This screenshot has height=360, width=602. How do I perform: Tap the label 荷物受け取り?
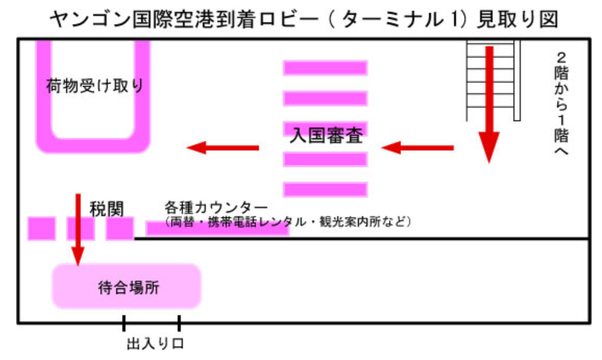coord(95,85)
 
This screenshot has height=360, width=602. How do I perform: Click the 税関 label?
coord(106,209)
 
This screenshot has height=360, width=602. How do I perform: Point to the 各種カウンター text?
coord(216,208)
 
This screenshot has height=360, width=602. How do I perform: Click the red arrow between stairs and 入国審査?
coord(417,147)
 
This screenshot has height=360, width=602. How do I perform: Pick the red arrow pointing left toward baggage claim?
coord(222,147)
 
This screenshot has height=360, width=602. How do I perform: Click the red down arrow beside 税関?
coord(77,229)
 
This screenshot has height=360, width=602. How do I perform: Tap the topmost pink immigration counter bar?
coord(325,68)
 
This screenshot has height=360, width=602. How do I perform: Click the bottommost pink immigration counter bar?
coord(325,189)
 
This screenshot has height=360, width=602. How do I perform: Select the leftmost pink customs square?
coord(41,229)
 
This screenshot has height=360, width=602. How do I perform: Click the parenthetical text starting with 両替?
coord(289,222)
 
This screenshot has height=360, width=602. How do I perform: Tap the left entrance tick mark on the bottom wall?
coord(124,322)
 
